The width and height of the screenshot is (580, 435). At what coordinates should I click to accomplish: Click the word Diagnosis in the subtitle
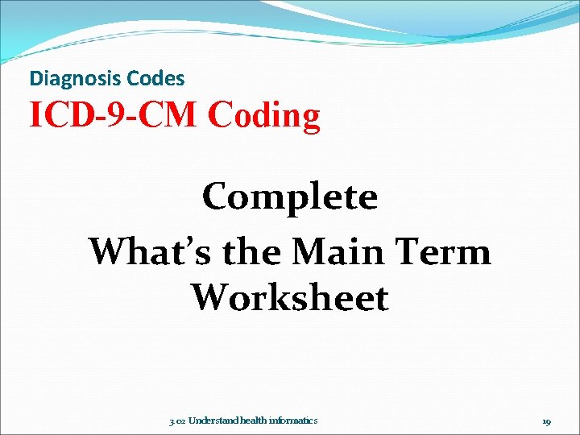point(68,79)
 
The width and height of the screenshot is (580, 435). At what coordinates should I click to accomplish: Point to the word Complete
point(290,197)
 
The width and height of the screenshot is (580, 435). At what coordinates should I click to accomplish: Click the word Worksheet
point(290,298)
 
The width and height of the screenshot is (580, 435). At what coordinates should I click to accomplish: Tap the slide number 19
point(546,420)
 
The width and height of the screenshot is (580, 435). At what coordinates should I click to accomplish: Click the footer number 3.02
point(176,420)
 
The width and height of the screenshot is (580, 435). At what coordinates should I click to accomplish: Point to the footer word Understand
point(211,420)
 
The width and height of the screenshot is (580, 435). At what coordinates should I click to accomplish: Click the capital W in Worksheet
point(211,298)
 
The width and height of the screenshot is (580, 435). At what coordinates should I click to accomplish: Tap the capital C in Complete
point(216,197)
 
